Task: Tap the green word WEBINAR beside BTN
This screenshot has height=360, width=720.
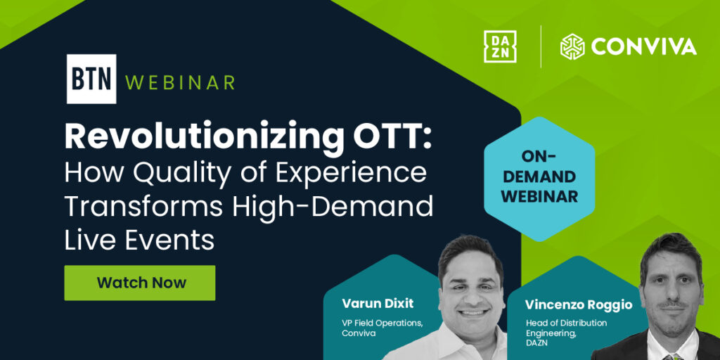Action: [180, 82]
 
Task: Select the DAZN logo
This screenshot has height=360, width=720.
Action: [500, 46]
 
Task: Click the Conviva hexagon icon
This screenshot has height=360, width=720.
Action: [572, 46]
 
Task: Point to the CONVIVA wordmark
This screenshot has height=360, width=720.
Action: [643, 47]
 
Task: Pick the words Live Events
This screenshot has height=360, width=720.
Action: [139, 241]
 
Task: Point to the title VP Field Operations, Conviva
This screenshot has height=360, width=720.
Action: [382, 328]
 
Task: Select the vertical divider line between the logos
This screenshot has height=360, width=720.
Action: [540, 46]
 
